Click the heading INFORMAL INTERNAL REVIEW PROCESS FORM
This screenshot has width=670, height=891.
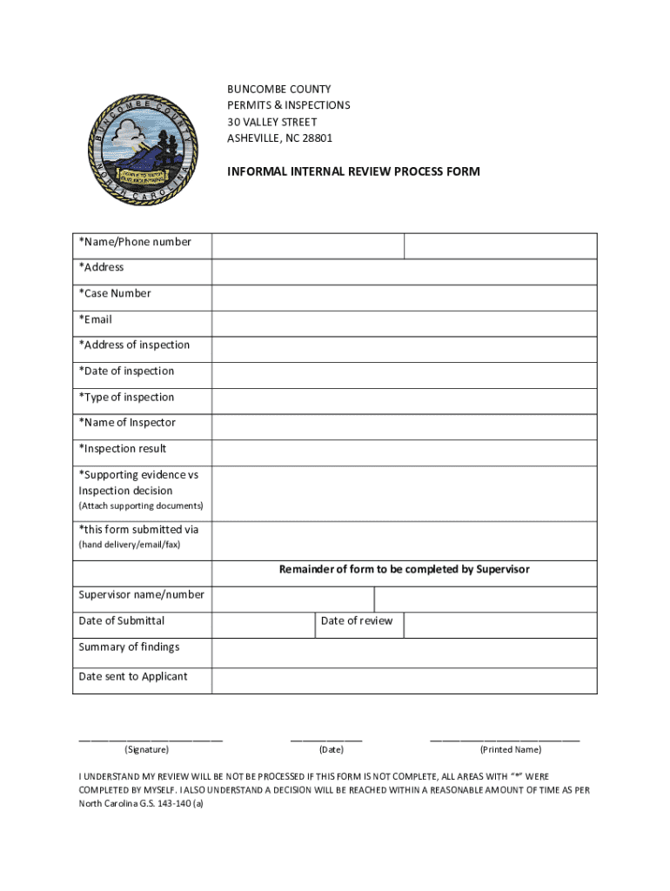click(353, 171)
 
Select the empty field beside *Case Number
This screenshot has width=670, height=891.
click(404, 298)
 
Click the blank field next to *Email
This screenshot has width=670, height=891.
click(404, 324)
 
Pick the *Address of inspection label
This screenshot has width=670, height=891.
click(134, 345)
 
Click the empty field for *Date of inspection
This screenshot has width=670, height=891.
click(404, 375)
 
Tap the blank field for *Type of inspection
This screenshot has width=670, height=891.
click(404, 401)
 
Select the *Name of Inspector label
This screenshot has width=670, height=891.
click(127, 423)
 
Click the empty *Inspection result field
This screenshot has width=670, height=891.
click(404, 452)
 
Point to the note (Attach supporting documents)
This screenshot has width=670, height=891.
click(141, 506)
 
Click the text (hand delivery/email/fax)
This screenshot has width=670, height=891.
click(130, 546)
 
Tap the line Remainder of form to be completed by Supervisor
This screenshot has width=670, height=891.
click(404, 570)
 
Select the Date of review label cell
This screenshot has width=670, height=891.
click(357, 621)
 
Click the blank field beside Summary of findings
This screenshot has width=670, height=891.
click(404, 653)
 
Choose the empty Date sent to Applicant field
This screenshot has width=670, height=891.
click(404, 680)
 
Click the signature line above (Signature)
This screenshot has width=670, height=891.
click(151, 739)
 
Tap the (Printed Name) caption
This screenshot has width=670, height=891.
click(511, 750)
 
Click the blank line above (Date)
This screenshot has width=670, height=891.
click(326, 739)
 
